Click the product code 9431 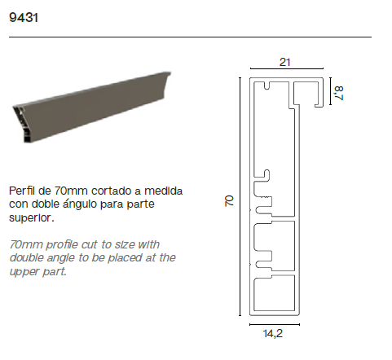pyautogui.click(x=24, y=18)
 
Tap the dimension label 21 pyautogui.click(x=284, y=63)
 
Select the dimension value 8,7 pyautogui.click(x=339, y=93)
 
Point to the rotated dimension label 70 pyautogui.click(x=229, y=200)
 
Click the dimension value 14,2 pyautogui.click(x=273, y=333)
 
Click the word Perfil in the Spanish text pyautogui.click(x=22, y=191)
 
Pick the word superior pyautogui.click(x=32, y=217)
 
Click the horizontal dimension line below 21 pyautogui.click(x=287, y=68)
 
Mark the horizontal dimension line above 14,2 pyautogui.click(x=275, y=324)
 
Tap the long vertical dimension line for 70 pyautogui.click(x=240, y=196)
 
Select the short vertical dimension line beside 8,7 pyautogui.click(x=331, y=91)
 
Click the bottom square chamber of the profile pyautogui.click(x=275, y=294)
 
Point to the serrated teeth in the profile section pyautogui.click(x=266, y=197)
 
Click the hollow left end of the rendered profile pyautogui.click(x=23, y=125)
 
